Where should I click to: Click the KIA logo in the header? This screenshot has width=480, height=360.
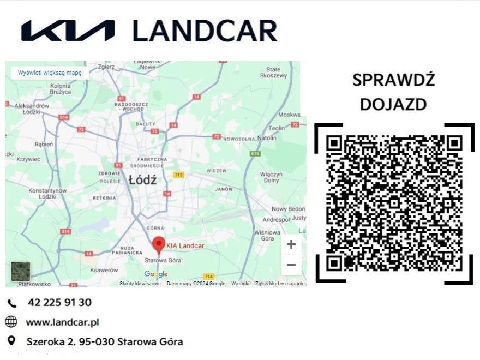point(68,31)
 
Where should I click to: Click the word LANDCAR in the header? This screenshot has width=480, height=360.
point(205,31)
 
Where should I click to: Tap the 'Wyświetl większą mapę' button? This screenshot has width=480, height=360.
point(50,73)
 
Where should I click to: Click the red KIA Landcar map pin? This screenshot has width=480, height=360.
point(159,244)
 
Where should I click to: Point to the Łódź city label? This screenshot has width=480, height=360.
point(142,179)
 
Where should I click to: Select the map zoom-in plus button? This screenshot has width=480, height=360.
point(291,245)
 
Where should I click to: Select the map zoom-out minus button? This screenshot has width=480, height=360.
point(291,266)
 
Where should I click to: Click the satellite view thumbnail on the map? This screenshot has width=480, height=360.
point(21,271)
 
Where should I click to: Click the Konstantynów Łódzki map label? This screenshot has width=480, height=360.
point(47,194)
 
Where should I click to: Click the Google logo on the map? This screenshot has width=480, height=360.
point(156,274)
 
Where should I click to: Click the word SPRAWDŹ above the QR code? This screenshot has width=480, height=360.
point(393,80)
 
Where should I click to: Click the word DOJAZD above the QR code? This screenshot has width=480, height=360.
point(393,104)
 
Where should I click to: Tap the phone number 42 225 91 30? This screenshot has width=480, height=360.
point(59,302)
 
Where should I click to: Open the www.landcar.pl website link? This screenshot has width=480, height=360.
point(62,322)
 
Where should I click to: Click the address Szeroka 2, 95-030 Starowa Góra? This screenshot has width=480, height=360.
point(105,342)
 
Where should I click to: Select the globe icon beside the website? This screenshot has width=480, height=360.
point(11,322)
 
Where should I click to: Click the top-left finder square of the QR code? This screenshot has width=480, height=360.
point(334,143)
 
